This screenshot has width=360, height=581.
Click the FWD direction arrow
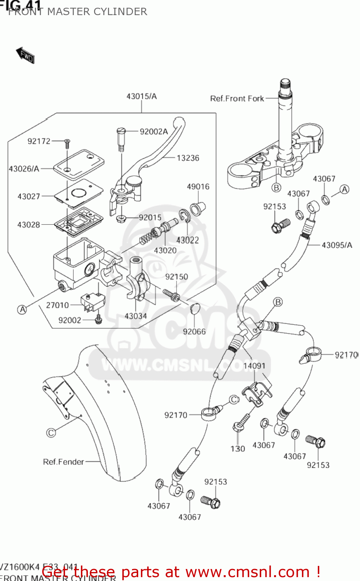pyautogui.click(x=26, y=55)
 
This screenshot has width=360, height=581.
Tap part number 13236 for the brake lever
pyautogui.click(x=188, y=158)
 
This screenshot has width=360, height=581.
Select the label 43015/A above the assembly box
pyautogui.click(x=141, y=96)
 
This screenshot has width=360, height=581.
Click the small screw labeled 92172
pyautogui.click(x=67, y=144)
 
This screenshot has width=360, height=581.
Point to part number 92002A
pyautogui.click(x=154, y=132)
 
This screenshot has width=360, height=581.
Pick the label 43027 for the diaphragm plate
pyautogui.click(x=29, y=196)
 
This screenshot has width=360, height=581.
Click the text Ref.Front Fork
pyautogui.click(x=237, y=98)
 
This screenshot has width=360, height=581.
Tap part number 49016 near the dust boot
pyautogui.click(x=198, y=187)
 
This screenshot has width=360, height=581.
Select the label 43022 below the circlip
pyautogui.click(x=187, y=240)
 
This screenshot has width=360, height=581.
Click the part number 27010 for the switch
pyautogui.click(x=57, y=305)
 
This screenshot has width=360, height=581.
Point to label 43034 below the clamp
pyautogui.click(x=135, y=316)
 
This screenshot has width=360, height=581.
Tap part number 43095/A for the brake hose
pyautogui.click(x=337, y=245)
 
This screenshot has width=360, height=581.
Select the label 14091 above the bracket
pyautogui.click(x=254, y=366)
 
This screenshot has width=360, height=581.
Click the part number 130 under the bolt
pyautogui.click(x=238, y=449)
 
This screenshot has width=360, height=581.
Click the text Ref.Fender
pyautogui.click(x=63, y=462)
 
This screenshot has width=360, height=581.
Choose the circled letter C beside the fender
pyautogui.click(x=51, y=432)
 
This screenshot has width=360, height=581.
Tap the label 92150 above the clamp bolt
pyautogui.click(x=177, y=277)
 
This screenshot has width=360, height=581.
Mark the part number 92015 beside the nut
pyautogui.click(x=150, y=217)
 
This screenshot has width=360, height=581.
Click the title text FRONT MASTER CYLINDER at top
pyautogui.click(x=77, y=12)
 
